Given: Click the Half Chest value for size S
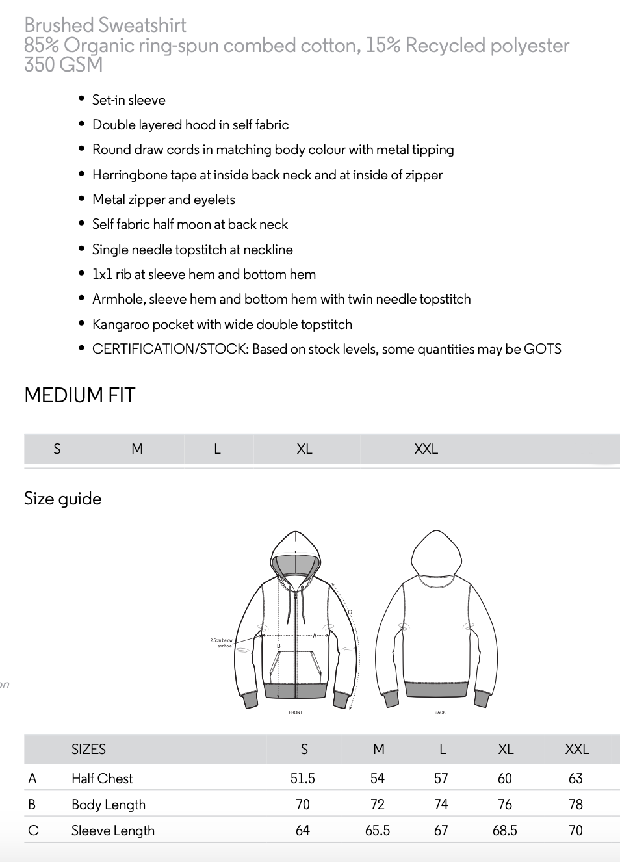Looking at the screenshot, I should click(x=303, y=778).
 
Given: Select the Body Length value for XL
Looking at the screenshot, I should click(x=505, y=804).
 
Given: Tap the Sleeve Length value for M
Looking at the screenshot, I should click(x=378, y=830).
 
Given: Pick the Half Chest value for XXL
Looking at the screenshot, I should click(x=576, y=778).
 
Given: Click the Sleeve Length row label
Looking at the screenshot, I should click(x=113, y=830).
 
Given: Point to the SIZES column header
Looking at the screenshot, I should click(x=88, y=749).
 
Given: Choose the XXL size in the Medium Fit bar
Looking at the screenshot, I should click(x=426, y=449).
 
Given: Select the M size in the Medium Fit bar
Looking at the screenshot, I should click(x=137, y=449).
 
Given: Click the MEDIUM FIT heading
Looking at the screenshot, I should click(x=80, y=395).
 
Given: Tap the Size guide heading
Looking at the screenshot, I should click(x=63, y=499).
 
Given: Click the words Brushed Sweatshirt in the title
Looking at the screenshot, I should click(x=105, y=25).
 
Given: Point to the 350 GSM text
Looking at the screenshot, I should click(x=64, y=64).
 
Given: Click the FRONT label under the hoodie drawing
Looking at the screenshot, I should click(x=296, y=712).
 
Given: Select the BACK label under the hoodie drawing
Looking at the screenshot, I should click(x=440, y=712).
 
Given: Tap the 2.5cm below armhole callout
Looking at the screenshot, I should click(x=222, y=643).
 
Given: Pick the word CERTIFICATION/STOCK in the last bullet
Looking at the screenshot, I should click(x=169, y=349).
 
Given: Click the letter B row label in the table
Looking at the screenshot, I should click(x=32, y=804).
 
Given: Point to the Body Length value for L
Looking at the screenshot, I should click(x=441, y=804).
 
